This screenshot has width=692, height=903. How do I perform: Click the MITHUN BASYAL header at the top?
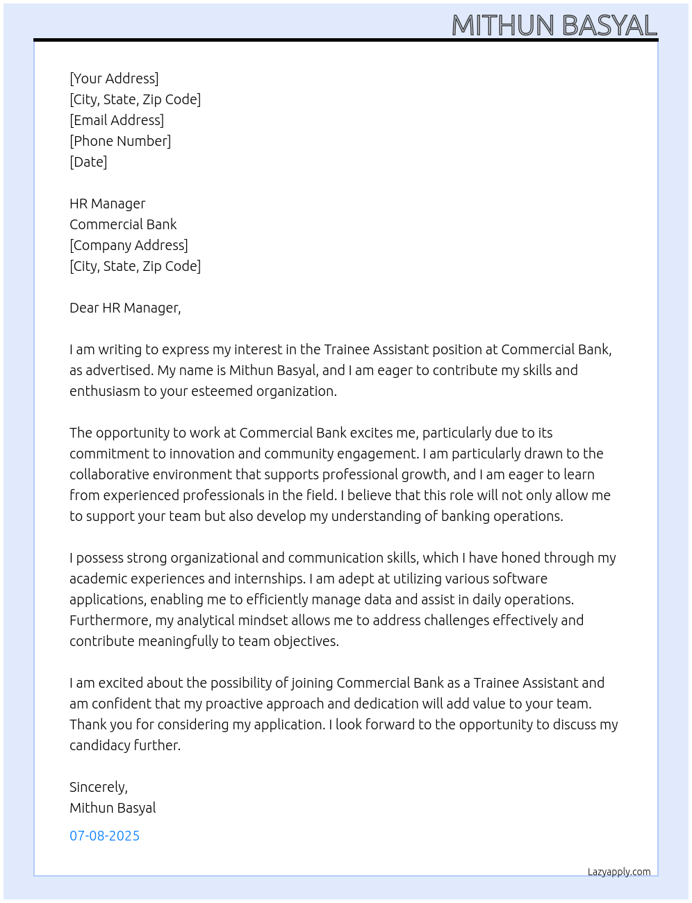(554, 26)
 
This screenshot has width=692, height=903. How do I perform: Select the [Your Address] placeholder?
(114, 78)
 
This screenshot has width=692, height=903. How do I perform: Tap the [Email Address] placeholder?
(117, 120)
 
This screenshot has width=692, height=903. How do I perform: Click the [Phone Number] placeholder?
(120, 141)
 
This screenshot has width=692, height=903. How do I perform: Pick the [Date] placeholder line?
(88, 162)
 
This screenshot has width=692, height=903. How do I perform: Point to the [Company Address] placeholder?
(129, 245)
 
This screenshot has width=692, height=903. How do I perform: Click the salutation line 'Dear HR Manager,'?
(125, 308)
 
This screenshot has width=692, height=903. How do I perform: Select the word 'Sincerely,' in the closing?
(99, 787)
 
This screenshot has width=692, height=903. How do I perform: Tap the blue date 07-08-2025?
(104, 836)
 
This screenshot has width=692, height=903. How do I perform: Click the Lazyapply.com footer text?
(619, 872)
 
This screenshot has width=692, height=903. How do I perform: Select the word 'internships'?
(267, 579)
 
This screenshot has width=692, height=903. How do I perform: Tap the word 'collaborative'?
(109, 474)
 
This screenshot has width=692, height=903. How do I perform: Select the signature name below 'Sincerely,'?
(113, 808)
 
